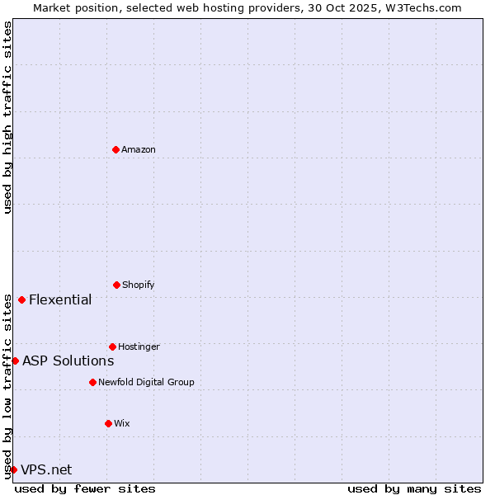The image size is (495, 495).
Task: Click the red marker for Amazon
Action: point(115,149)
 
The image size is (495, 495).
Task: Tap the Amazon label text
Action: point(139,149)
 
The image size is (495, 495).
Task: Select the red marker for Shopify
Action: point(116,285)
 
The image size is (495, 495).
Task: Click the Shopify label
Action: point(139,285)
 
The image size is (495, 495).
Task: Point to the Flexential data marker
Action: point(21,299)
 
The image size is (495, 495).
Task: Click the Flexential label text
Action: point(60,299)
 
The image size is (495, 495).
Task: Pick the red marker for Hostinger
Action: point(112,346)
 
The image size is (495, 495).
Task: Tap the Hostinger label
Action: point(139,346)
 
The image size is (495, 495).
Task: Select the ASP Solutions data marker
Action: point(15,361)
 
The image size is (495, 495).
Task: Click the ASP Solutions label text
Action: point(68,361)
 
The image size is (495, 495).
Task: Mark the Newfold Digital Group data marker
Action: point(92,382)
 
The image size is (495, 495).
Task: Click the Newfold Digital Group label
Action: point(146,382)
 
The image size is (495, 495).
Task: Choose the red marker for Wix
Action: point(108,423)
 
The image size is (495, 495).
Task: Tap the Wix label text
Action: point(122,423)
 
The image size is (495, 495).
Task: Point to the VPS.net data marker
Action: point(13,469)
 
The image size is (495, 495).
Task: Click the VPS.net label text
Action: point(46,469)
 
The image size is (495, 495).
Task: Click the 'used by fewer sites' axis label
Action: point(85,488)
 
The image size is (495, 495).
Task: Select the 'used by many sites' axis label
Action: point(414,488)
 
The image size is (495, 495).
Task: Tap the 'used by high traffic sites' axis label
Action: point(7,117)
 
